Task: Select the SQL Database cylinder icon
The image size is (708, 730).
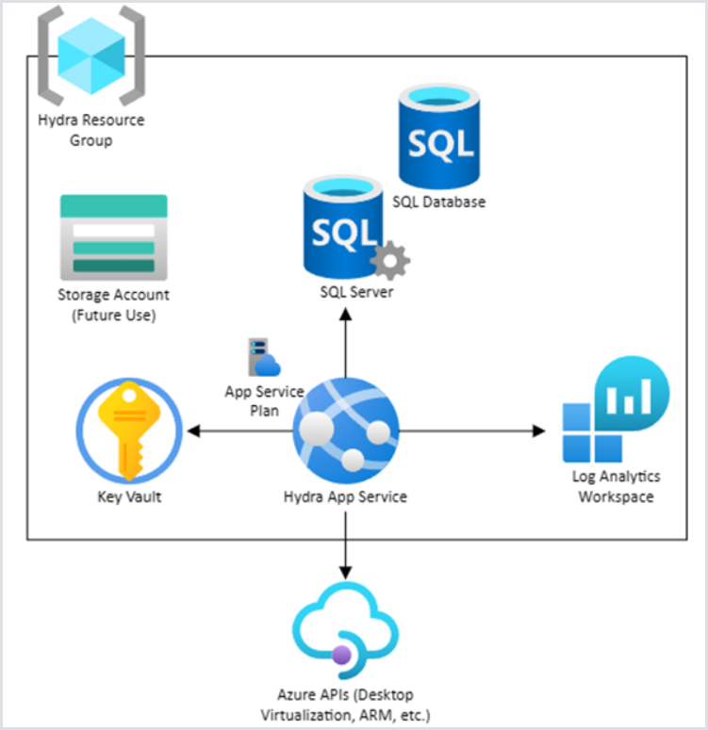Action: (x=438, y=137)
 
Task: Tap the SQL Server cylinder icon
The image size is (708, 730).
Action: (x=343, y=226)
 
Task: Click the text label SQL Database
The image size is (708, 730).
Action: (x=439, y=202)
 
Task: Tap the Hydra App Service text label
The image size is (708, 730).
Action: (x=345, y=496)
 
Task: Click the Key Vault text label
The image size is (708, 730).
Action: (x=129, y=496)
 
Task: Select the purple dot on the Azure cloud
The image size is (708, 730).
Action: (x=340, y=654)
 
